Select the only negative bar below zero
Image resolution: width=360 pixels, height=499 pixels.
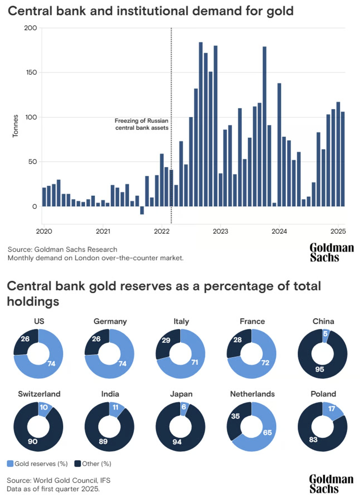click(142, 210)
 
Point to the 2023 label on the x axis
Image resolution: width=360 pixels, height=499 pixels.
click(220, 231)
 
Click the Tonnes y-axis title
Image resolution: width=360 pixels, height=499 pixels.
click(15, 126)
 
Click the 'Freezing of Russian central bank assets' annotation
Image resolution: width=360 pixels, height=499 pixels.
click(142, 124)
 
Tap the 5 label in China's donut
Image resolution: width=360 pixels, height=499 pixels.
click(325, 334)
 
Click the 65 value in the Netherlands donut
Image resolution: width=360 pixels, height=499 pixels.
click(267, 432)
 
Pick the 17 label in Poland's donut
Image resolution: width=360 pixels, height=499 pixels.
click(332, 409)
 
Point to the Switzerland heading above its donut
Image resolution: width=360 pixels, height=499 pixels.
click(39, 394)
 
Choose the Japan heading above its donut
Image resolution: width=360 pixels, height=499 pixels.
click(181, 394)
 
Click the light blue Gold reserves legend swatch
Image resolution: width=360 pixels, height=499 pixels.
click(10, 464)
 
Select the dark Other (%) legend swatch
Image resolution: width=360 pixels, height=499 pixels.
click(78, 464)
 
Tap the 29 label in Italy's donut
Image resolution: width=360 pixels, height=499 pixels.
click(166, 340)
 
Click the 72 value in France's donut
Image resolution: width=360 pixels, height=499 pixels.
click(265, 362)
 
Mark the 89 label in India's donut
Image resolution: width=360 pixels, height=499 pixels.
click(103, 441)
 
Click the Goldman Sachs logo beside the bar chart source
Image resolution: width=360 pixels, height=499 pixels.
click(331, 252)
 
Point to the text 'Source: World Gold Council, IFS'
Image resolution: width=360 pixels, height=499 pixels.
click(59, 480)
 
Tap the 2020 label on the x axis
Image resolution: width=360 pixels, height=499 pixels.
click(44, 231)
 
